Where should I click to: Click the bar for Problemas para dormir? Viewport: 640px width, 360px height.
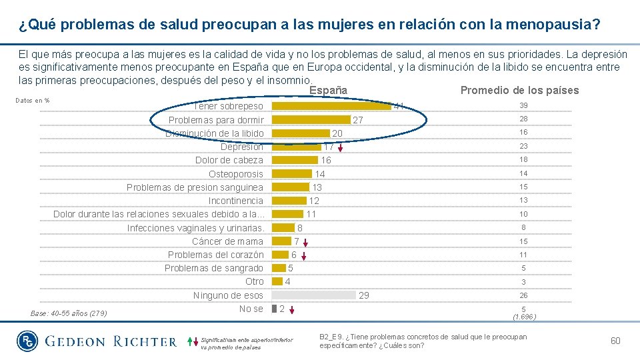coord(311,120)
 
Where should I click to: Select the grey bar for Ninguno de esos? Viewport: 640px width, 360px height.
coord(314,295)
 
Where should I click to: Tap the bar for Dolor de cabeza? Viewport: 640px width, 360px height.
coord(295,160)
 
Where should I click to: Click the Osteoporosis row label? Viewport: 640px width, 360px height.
coord(236,174)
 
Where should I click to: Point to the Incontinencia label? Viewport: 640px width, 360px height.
coord(236,201)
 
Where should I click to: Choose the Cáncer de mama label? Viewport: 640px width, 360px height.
coord(227,241)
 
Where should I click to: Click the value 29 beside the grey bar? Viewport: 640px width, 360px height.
coord(364,295)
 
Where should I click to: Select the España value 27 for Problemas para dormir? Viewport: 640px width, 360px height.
coord(358,120)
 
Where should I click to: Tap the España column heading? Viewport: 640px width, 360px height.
coord(328,90)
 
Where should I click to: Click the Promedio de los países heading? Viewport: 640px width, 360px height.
coord(519,91)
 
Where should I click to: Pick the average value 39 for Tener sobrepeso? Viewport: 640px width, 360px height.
coord(524,106)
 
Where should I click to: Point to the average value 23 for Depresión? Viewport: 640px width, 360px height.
coord(524,146)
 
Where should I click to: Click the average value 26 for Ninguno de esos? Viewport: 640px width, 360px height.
coord(524,295)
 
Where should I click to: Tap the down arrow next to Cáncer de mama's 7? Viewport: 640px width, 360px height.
coord(306,242)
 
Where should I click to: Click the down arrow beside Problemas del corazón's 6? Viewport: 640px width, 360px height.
coord(303,255)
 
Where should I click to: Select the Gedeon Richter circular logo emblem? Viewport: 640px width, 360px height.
coord(27,341)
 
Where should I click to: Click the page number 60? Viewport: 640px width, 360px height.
coord(615,341)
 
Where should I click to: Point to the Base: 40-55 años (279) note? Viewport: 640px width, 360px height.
coord(69,313)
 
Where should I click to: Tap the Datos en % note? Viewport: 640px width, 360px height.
coord(33,101)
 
